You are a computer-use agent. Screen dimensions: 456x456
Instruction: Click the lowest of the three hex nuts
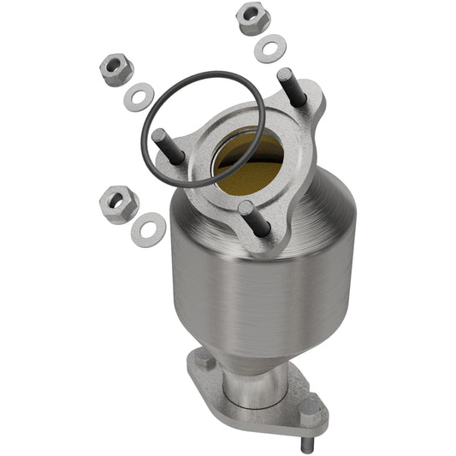[118, 202]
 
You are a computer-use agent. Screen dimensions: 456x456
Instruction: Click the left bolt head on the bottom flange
[205, 363]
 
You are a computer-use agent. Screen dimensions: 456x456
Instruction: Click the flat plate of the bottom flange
[282, 411]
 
